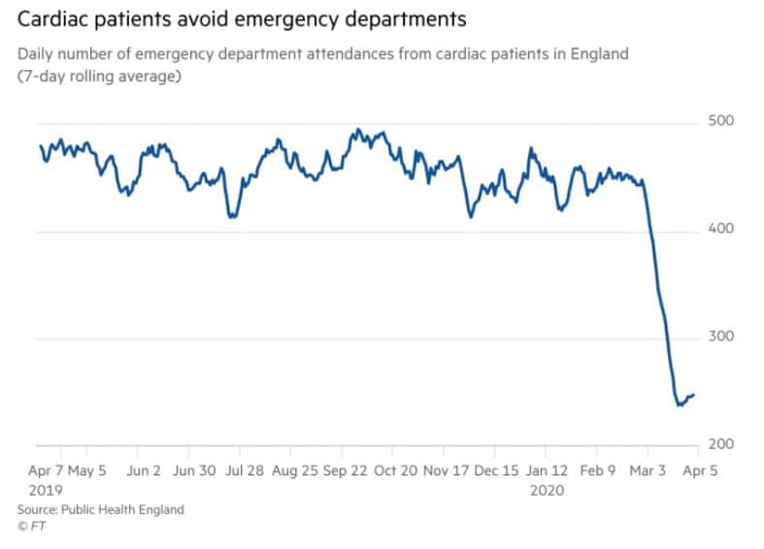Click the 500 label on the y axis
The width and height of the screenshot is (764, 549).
(720, 120)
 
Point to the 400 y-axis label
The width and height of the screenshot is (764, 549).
(720, 228)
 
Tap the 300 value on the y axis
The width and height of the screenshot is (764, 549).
(720, 337)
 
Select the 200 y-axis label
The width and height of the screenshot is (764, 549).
(720, 444)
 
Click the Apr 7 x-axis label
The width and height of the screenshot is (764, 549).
(46, 471)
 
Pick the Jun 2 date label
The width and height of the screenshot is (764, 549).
(144, 471)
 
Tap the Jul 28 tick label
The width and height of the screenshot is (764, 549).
(244, 471)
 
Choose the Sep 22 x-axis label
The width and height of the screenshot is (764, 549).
(345, 471)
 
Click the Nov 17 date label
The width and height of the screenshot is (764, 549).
(446, 471)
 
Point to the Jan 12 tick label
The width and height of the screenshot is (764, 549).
(547, 471)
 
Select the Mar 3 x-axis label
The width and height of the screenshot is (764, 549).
(648, 471)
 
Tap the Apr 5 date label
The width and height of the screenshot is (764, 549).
(700, 471)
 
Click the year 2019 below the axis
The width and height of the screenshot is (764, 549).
(46, 490)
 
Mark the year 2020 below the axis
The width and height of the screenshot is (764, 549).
(547, 490)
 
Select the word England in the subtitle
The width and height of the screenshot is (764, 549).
(599, 54)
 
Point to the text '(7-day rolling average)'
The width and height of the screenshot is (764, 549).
(99, 77)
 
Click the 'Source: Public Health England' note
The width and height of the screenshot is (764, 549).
(101, 509)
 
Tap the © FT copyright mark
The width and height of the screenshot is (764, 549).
(32, 526)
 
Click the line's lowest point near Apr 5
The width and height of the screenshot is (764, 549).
(680, 404)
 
